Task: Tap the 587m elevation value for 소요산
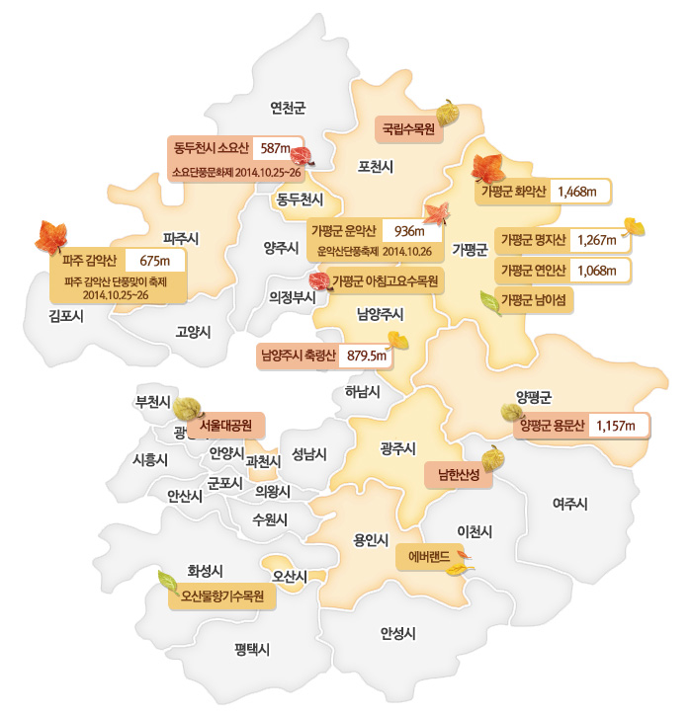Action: (273, 149)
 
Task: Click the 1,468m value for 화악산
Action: (577, 192)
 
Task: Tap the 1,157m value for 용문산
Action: (621, 426)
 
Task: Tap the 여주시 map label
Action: (570, 504)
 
